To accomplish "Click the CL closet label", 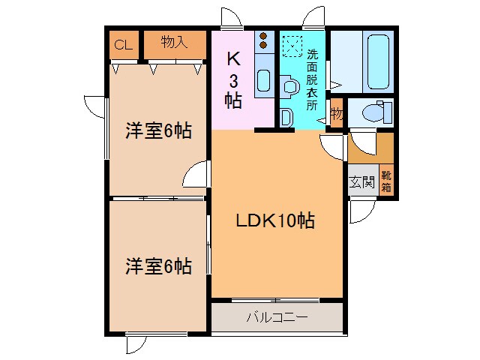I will pyautogui.click(x=122, y=44).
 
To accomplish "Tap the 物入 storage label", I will pyautogui.click(x=174, y=43).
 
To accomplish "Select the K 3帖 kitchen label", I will pyautogui.click(x=233, y=78).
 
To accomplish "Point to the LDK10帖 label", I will pyautogui.click(x=276, y=221).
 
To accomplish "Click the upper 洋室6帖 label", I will pyautogui.click(x=157, y=131).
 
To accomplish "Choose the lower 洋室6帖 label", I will pyautogui.click(x=157, y=265).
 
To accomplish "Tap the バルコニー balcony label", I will pyautogui.click(x=277, y=318).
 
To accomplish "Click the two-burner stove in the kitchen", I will pyautogui.click(x=264, y=40).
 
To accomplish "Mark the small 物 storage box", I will pyautogui.click(x=337, y=113).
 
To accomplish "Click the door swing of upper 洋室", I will pyautogui.click(x=194, y=175).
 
